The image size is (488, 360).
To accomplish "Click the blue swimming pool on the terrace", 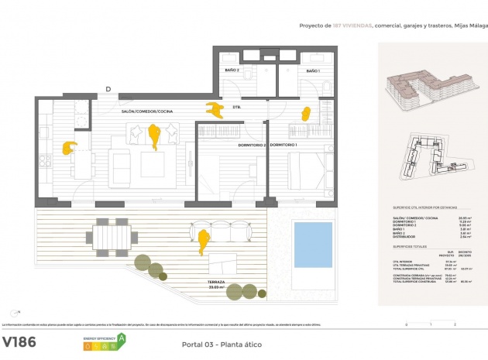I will (313, 243).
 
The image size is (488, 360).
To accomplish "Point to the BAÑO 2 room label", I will (232, 70).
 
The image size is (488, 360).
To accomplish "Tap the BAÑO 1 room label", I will (312, 70).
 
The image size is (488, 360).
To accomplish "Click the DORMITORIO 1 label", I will (284, 145).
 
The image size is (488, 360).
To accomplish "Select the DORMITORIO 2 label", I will (251, 145).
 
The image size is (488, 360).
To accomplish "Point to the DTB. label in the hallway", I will (236, 107).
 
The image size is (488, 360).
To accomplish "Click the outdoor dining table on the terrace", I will (112, 235).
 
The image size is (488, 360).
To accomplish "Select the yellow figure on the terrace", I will (203, 241).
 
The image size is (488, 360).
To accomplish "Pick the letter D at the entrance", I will (108, 89).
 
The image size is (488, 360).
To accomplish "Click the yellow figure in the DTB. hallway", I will (211, 110).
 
